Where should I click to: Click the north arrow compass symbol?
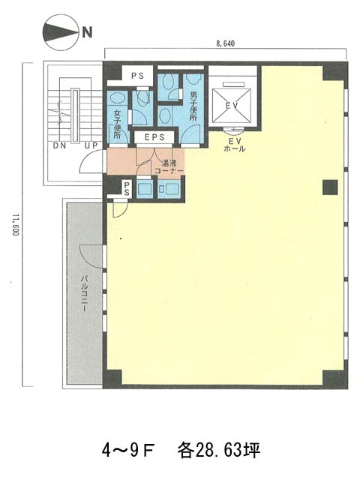59,31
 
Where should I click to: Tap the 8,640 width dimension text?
225,43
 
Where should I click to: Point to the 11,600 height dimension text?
16,224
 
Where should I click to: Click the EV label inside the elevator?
232,106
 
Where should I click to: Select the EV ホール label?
235,145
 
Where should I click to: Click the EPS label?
154,137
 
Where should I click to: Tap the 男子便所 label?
193,106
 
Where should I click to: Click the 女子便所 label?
117,124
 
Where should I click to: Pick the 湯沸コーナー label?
169,166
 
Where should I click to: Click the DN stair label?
59,145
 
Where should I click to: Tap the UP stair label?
91,145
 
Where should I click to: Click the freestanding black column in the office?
330,187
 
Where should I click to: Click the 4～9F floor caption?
128,451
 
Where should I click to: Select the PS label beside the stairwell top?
137,76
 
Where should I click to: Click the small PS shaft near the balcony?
127,189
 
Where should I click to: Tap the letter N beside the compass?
87,31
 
